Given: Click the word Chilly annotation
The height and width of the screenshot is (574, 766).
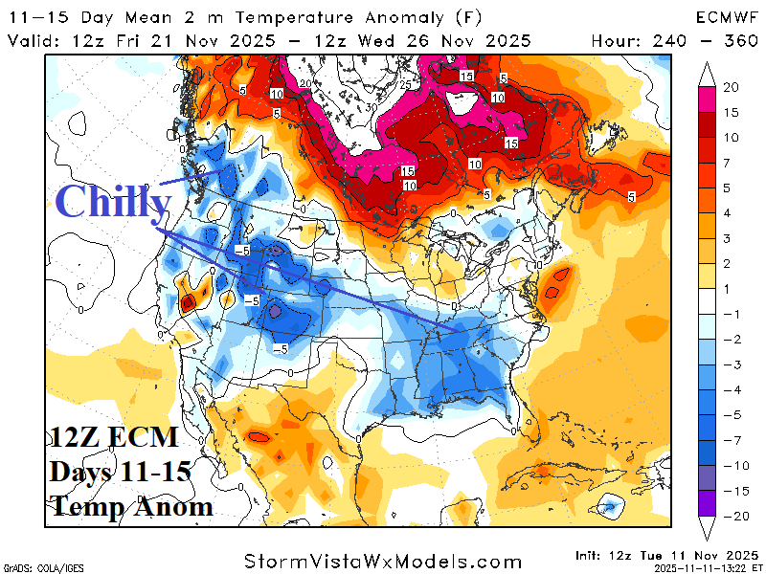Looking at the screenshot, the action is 113,202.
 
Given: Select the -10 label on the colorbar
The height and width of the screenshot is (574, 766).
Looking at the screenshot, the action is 732,465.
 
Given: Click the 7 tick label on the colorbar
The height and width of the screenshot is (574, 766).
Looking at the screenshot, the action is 730,162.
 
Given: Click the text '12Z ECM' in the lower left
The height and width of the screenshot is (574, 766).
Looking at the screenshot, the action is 114,438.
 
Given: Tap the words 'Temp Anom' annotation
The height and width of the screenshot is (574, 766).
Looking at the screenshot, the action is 131,505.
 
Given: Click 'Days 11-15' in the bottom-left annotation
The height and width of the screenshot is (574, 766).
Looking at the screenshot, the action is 122,472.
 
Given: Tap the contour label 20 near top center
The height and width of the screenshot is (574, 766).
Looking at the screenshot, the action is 304,84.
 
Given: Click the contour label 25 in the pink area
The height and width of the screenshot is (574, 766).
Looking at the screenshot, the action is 406,86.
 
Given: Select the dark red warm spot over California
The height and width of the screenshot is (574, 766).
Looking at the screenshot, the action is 188,302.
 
